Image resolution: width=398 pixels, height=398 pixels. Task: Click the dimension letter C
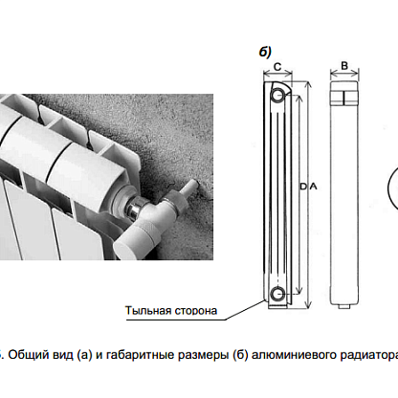277,67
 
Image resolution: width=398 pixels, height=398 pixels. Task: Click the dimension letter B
344,66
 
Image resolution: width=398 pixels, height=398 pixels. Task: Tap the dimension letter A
314,186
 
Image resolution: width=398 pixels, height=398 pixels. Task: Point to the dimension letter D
303,186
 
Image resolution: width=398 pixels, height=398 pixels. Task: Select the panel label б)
265,52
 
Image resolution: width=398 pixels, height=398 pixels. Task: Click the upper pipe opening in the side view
277,95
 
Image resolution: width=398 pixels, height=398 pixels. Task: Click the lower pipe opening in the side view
277,293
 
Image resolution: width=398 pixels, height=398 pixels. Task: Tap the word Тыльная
145,311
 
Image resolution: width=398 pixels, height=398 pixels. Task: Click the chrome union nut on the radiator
135,208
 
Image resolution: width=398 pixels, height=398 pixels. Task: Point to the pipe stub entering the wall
189,188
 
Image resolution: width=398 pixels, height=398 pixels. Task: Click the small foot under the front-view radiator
344,306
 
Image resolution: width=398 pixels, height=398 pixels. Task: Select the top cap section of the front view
344,94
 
